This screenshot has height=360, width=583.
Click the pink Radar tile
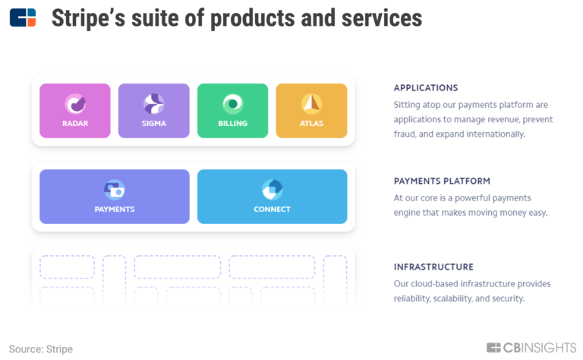(74, 111)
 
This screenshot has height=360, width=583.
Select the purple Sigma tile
(153, 111)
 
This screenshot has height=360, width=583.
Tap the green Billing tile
(232, 111)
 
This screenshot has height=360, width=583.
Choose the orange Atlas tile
(311, 111)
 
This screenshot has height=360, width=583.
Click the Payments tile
(115, 197)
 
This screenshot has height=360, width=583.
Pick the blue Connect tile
(272, 197)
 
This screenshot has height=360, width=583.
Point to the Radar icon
(74, 104)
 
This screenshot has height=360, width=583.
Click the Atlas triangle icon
(311, 104)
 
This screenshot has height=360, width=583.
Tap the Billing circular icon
(232, 104)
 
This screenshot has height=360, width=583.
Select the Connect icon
(272, 190)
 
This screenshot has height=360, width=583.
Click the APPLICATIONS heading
(426, 88)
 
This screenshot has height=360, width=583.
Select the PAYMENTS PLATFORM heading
(442, 182)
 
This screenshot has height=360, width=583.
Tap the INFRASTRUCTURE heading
(433, 267)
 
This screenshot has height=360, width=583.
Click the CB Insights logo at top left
(23, 17)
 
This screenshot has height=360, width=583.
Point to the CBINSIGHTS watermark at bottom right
(531, 348)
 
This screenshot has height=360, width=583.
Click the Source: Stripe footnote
(41, 349)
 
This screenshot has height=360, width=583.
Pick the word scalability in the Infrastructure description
(457, 298)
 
